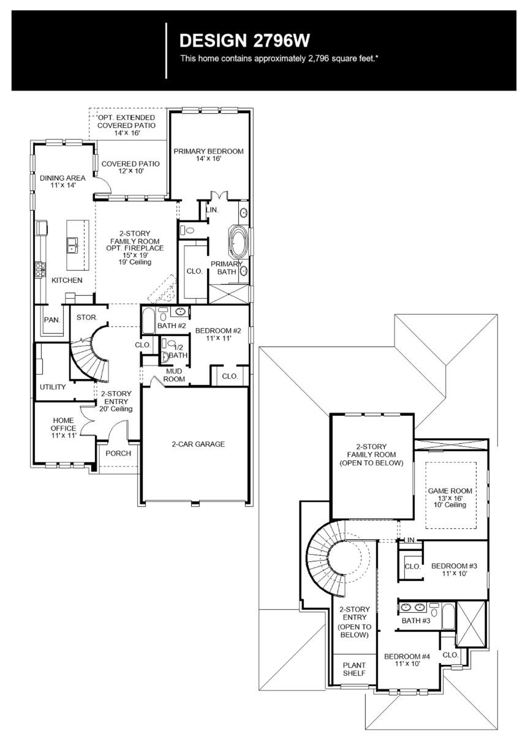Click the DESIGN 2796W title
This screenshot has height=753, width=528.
[245, 41]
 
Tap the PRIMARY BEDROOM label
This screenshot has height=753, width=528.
[208, 151]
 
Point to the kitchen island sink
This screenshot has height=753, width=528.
[73, 245]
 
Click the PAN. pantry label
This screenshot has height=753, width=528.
[51, 320]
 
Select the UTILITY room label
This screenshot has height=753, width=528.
[53, 387]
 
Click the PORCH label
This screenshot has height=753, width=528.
[118, 454]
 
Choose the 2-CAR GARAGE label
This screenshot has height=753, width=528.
[198, 444]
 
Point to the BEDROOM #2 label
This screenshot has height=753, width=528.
[219, 331]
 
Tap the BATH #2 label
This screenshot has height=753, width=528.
[172, 326]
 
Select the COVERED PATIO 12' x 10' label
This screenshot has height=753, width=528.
[130, 164]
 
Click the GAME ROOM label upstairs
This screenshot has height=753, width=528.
[453, 491]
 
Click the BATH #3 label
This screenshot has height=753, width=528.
[416, 621]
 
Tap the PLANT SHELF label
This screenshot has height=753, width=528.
[354, 669]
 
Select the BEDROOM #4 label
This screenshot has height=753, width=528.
[407, 656]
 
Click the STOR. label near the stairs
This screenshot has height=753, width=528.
[86, 318]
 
